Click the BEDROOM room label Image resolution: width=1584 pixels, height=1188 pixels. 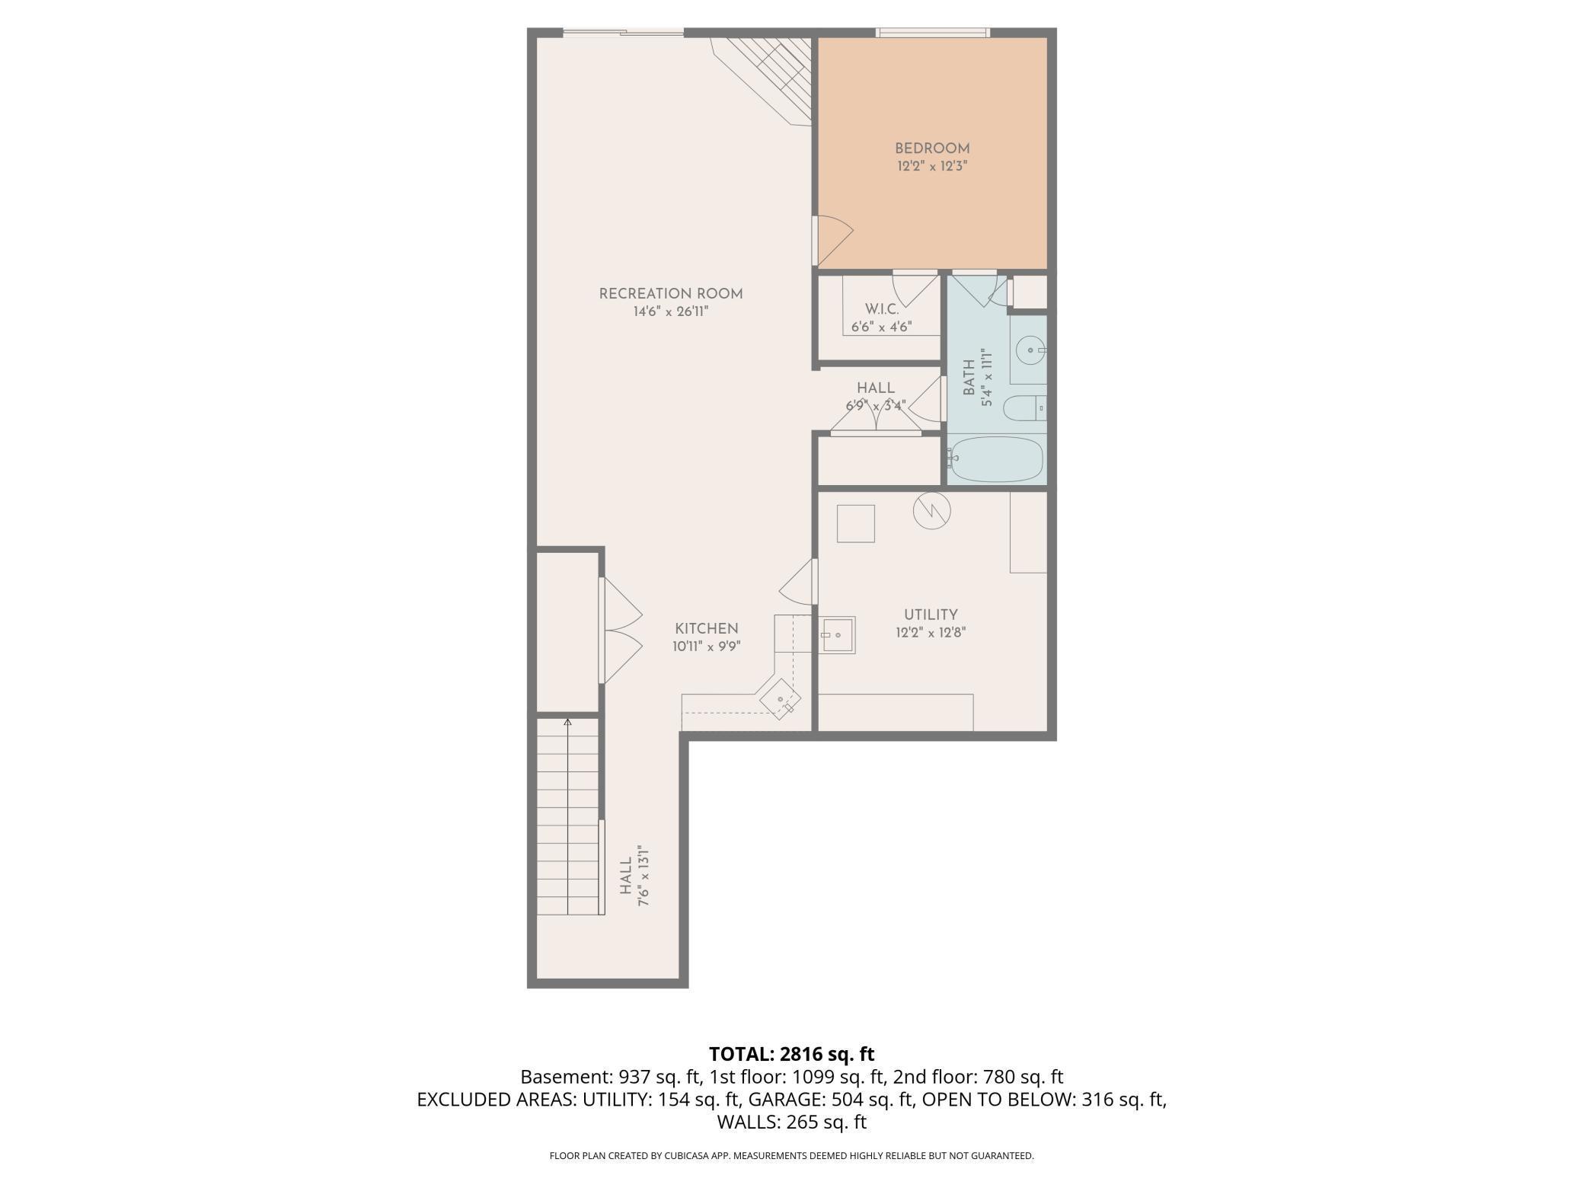932,148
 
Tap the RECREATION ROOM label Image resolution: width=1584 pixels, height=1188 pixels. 671,294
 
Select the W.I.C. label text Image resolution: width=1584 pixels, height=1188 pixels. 882,309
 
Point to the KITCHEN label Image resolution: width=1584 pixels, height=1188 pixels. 707,629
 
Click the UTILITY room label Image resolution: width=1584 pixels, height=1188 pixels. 931,615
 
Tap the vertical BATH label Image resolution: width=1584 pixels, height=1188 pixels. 969,378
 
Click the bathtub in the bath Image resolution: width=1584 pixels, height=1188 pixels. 996,458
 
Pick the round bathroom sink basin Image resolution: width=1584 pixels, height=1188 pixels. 1031,351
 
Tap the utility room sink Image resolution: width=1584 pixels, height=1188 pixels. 838,634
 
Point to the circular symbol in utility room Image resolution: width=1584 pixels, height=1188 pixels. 932,509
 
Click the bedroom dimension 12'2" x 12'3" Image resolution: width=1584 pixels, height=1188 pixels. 932,165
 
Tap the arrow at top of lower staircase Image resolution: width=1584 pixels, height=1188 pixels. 567,721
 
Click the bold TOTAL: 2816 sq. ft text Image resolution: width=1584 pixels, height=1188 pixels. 792,1054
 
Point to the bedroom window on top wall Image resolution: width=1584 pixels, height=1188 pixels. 933,32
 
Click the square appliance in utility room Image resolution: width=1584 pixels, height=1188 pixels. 856,523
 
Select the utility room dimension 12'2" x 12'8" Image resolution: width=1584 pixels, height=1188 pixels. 931,632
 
